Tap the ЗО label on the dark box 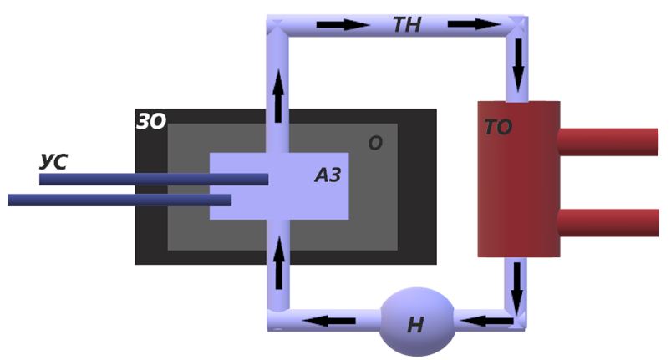click(151, 123)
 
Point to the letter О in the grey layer click(375, 144)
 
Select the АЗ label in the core click(328, 175)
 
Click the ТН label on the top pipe click(408, 25)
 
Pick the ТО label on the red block click(498, 129)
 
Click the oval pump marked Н click(417, 322)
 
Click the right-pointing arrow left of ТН click(343, 24)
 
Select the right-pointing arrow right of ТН click(473, 24)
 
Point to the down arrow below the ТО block click(517, 284)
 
